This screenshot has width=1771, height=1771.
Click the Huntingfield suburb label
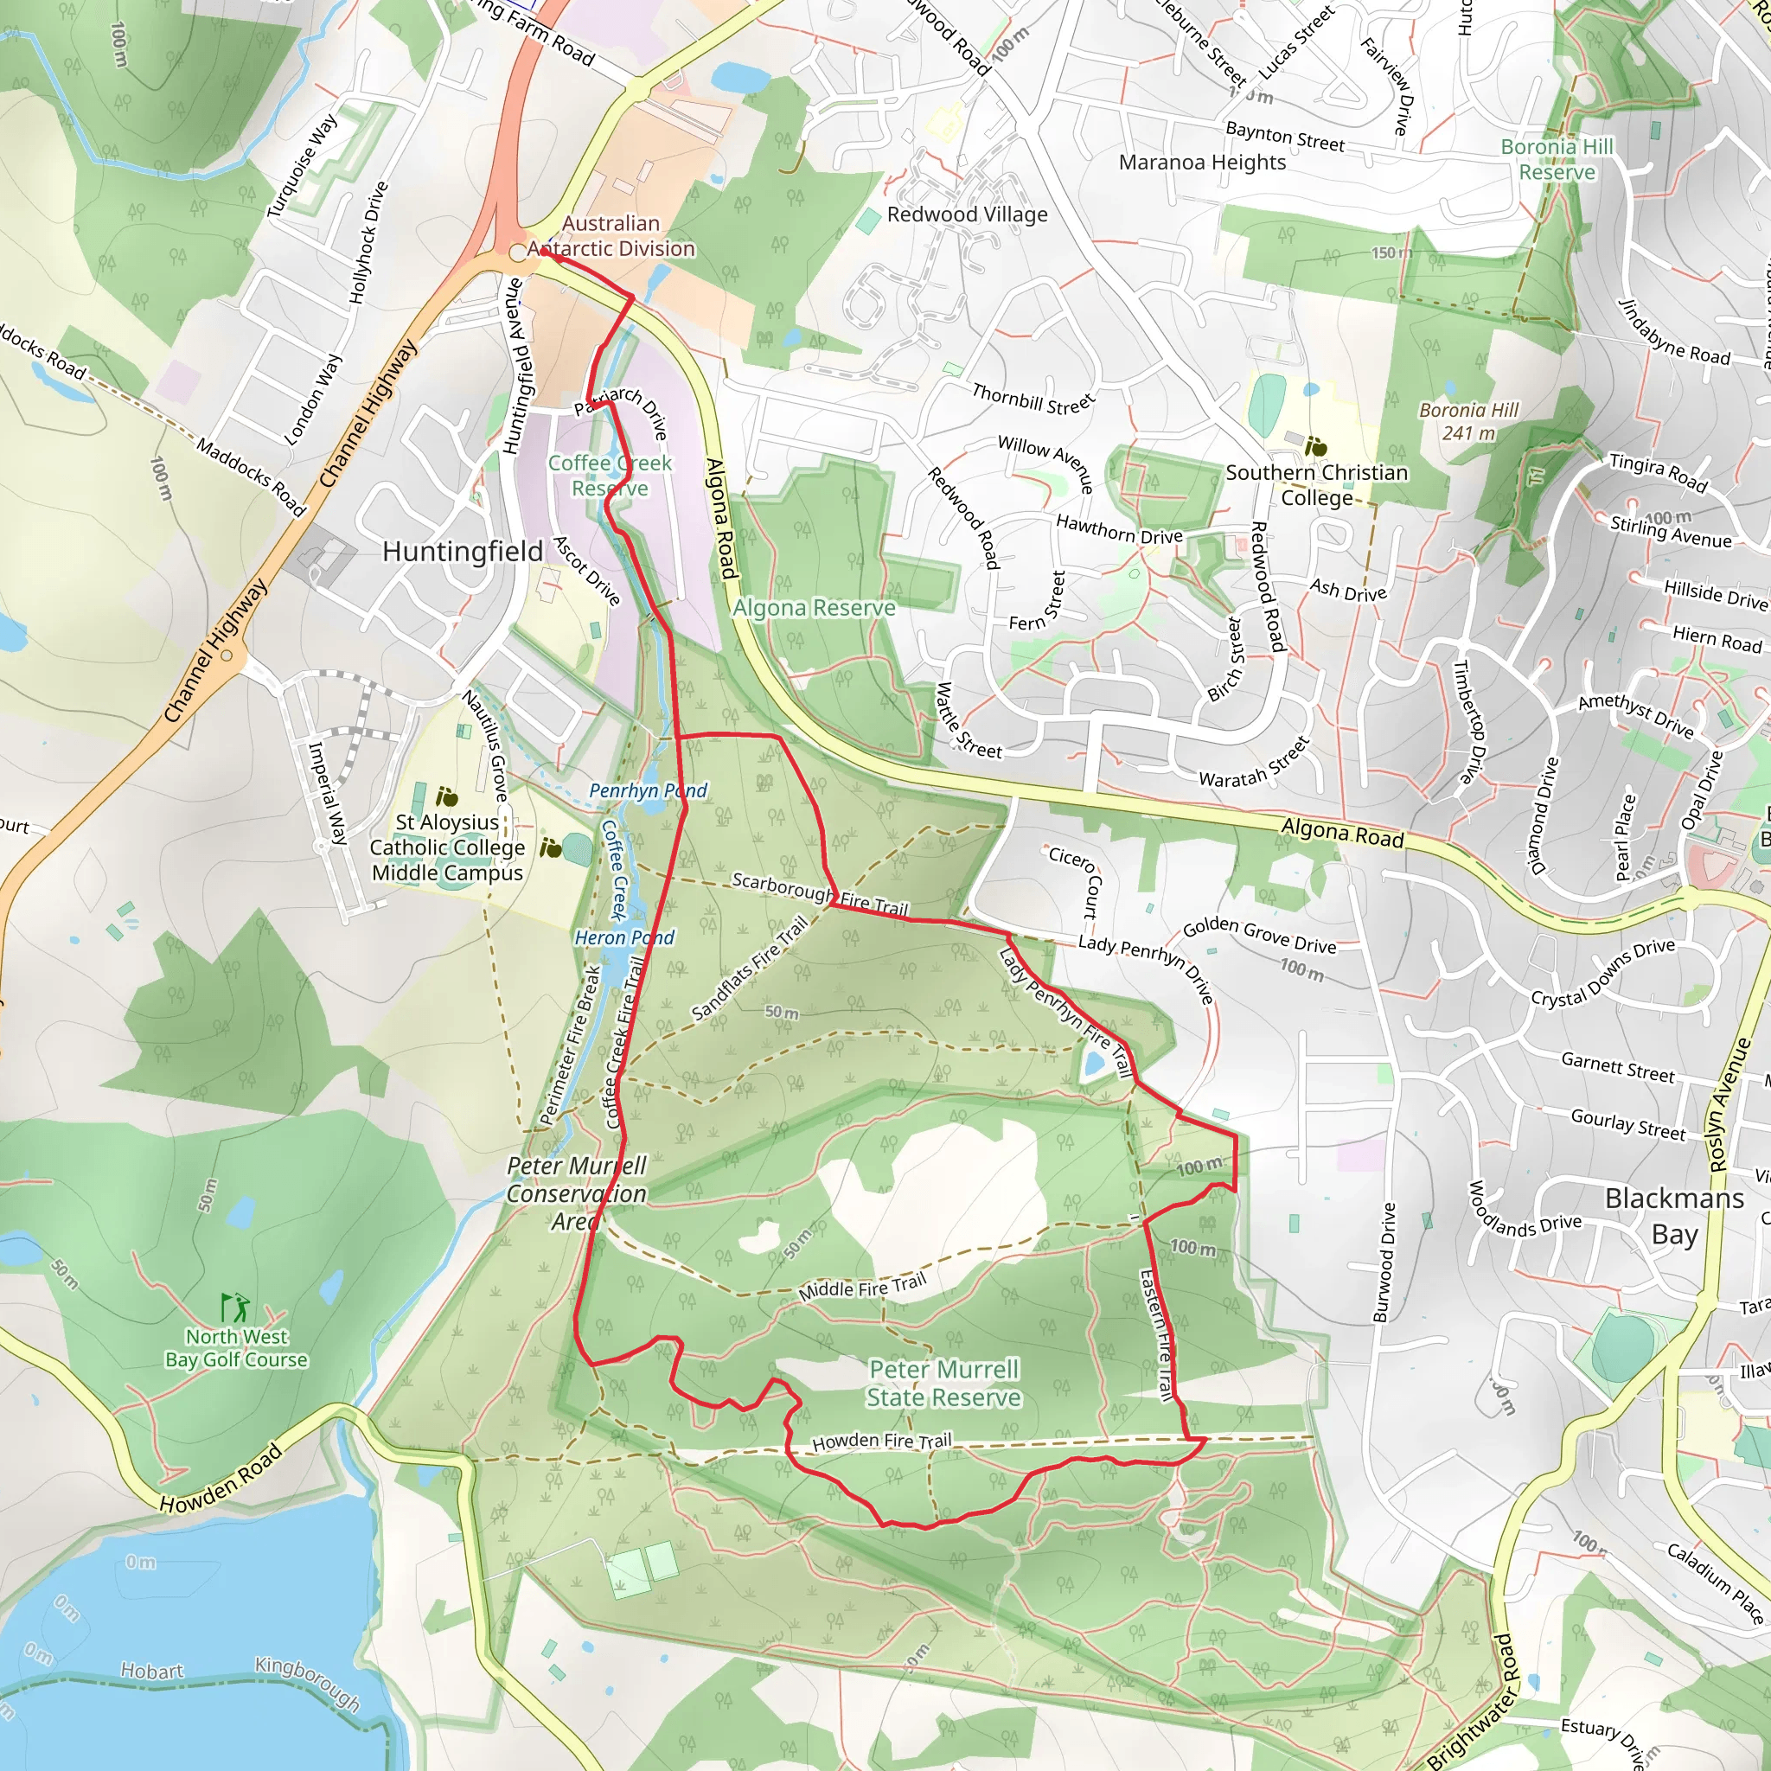click(x=462, y=551)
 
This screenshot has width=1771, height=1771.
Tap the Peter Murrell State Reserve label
click(x=943, y=1384)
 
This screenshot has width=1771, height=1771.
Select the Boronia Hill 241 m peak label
click(x=1468, y=422)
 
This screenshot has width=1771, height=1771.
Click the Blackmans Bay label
click(x=1674, y=1217)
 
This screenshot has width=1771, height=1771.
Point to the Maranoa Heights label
click(x=1202, y=163)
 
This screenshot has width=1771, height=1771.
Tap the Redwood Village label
click(x=966, y=214)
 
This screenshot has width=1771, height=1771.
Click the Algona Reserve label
click(x=814, y=608)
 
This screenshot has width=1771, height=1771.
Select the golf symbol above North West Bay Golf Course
click(x=235, y=1307)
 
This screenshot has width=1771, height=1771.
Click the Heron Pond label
click(x=623, y=937)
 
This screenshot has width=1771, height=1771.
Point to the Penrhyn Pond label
click(x=647, y=790)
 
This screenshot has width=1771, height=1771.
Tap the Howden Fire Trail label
click(x=881, y=1441)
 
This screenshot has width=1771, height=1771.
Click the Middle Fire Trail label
click(x=862, y=1287)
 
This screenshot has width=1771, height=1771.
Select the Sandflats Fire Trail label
click(x=750, y=968)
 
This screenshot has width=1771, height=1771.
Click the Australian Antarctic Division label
click(x=611, y=236)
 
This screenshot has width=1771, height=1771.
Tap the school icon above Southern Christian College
click(x=1315, y=447)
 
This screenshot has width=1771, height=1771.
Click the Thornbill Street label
click(x=1033, y=399)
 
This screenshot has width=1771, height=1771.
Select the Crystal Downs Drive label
click(x=1602, y=973)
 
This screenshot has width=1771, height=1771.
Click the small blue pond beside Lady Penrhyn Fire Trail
click(x=1094, y=1065)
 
